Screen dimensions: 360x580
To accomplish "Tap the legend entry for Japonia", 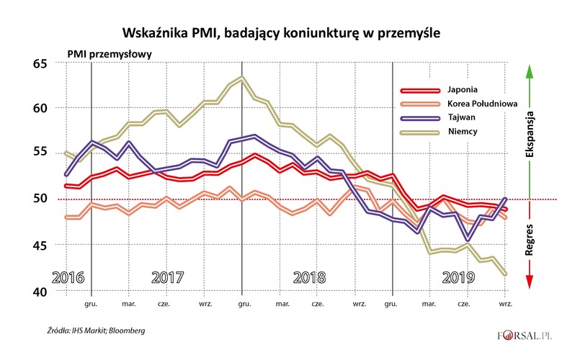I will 479,90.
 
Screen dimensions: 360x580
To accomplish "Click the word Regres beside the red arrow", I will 530,238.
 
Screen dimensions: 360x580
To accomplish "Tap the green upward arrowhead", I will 530,71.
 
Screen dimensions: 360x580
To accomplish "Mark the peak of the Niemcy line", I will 242,77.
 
